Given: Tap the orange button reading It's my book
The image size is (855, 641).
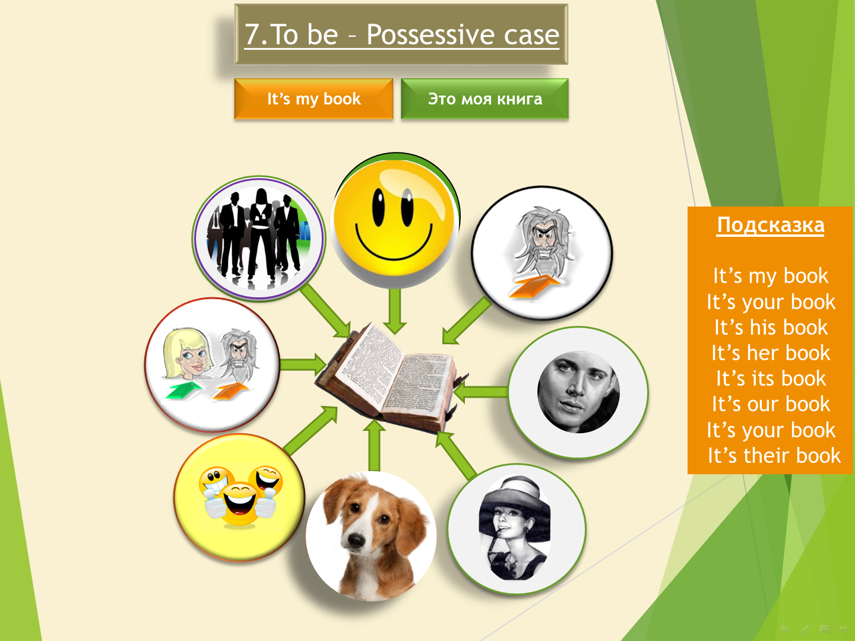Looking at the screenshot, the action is [x=313, y=99].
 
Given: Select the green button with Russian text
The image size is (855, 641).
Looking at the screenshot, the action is [x=484, y=99].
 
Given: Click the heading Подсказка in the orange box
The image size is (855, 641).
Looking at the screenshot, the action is [x=771, y=225].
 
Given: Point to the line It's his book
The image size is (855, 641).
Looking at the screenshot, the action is [x=771, y=327].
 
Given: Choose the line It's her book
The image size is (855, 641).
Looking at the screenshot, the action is [x=771, y=353].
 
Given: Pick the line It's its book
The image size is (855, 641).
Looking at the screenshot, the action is [x=771, y=379].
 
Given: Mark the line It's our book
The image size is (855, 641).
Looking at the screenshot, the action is [x=771, y=404].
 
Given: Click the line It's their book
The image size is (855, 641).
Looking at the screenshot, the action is [x=774, y=455].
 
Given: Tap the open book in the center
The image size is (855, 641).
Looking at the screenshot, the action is [x=391, y=377].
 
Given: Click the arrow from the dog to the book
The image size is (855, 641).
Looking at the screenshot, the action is [x=374, y=445].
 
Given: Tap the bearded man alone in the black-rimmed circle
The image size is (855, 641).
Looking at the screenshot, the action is [x=542, y=242].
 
